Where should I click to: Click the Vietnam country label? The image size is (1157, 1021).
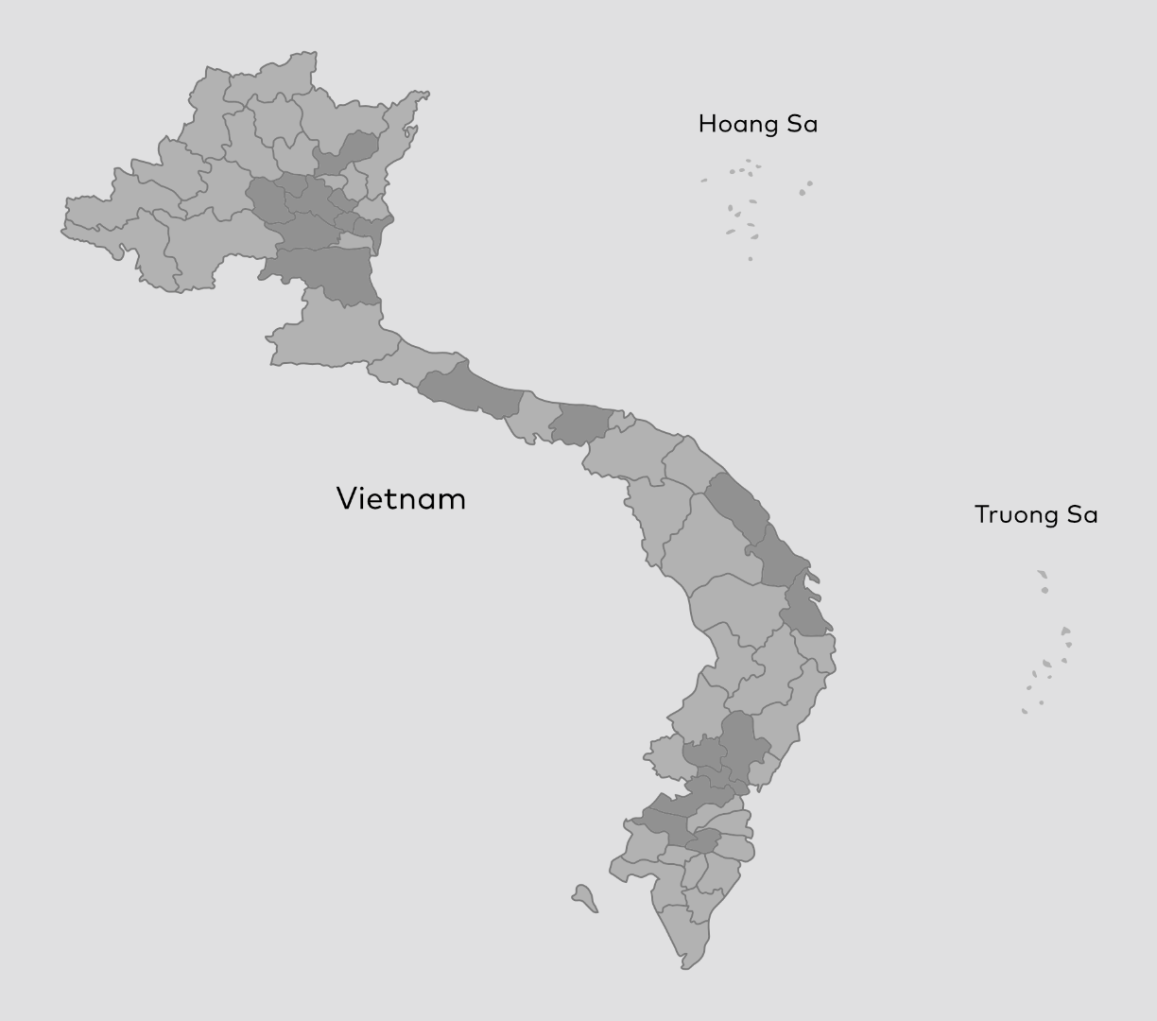401,498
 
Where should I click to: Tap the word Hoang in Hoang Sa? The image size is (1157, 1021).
733,124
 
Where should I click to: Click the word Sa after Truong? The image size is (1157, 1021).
1082,515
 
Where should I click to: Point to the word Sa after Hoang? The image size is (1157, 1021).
803,124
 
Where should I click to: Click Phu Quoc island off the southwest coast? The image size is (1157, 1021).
584,897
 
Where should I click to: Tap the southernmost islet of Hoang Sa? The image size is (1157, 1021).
751,258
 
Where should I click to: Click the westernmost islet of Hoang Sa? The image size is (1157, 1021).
704,181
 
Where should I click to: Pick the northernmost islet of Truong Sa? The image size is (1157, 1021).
1042,573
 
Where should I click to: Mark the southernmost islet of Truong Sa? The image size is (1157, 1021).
1024,711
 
